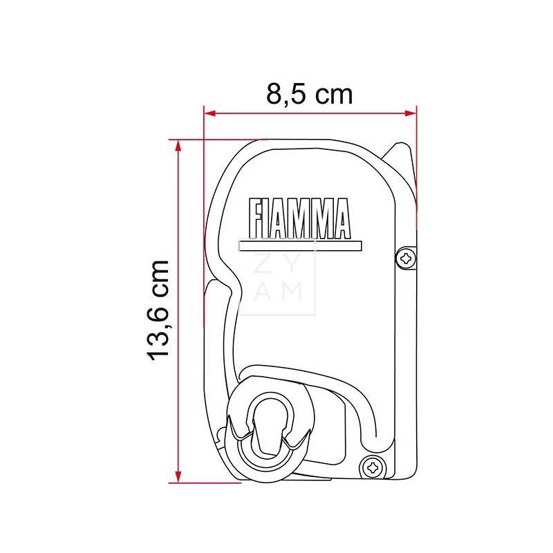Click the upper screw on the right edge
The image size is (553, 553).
point(406,259)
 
